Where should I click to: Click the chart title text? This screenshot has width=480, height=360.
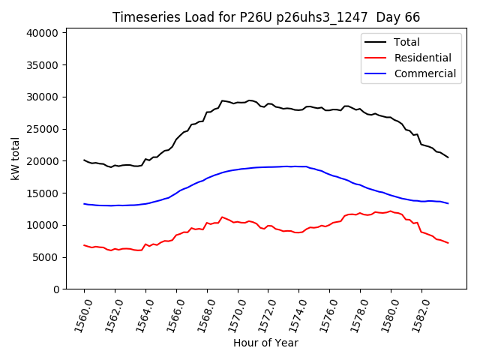point(266,17)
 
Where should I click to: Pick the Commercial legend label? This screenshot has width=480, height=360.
point(425,73)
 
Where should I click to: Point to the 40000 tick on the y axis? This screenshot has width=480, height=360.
point(43,33)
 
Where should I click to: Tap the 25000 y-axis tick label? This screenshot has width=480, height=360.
point(43,129)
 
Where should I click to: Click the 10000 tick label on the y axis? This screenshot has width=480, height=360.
point(43,225)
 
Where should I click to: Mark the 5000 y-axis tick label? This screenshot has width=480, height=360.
point(46,257)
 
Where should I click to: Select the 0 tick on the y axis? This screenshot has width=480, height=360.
point(56,289)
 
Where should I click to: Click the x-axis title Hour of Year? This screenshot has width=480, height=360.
point(265,343)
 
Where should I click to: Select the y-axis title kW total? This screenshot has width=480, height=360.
point(16,158)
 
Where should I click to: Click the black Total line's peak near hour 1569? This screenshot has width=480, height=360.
point(222,100)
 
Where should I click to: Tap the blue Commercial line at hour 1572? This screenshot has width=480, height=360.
point(268,167)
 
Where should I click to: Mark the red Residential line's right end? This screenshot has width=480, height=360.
point(448,243)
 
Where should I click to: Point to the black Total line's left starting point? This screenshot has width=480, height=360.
point(84,160)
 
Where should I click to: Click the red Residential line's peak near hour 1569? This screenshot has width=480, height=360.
point(222,217)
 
